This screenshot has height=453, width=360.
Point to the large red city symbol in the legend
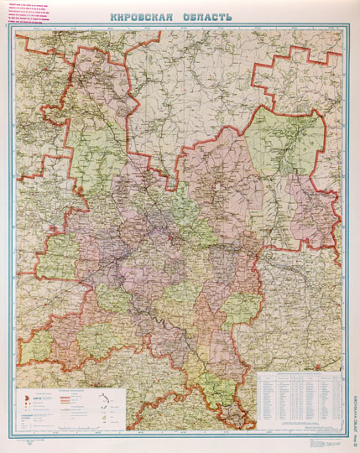click(23, 395)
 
